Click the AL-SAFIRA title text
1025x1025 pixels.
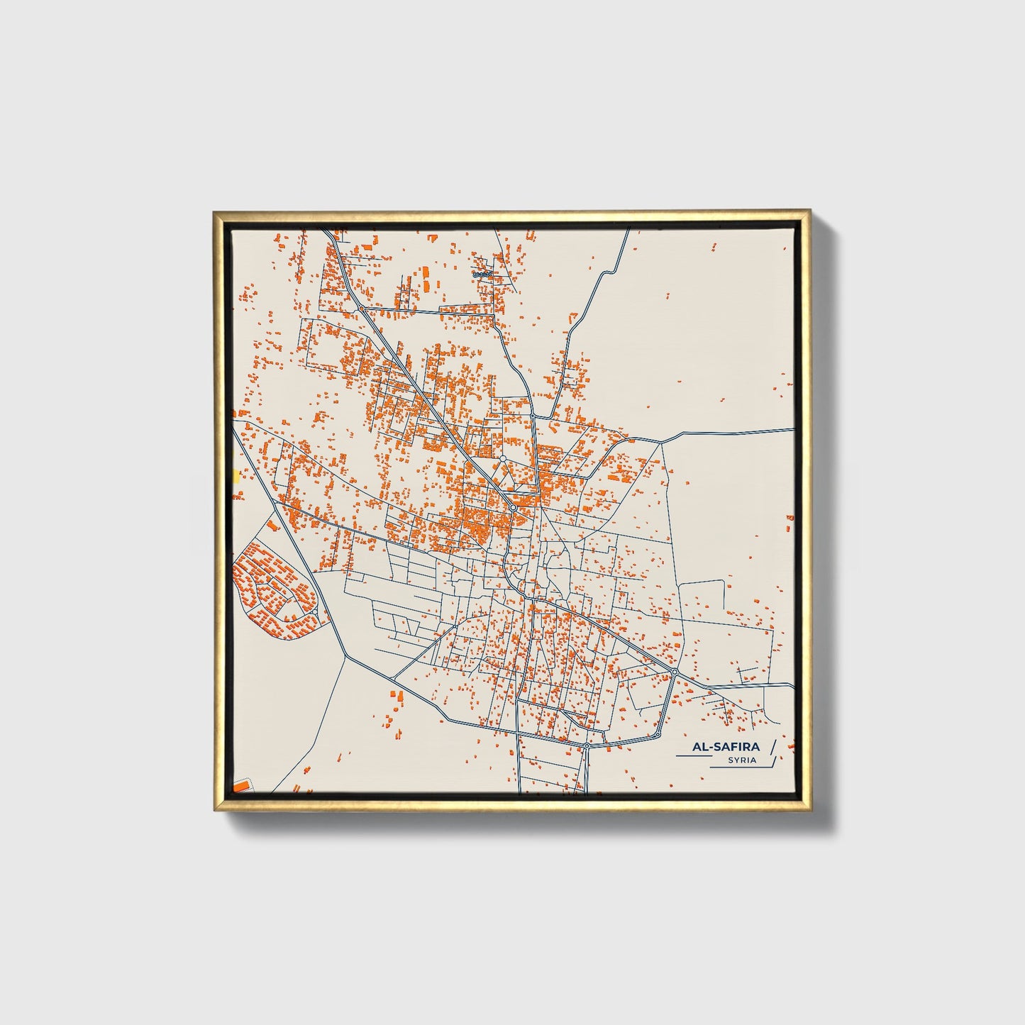point(726,746)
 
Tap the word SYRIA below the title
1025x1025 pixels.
point(742,760)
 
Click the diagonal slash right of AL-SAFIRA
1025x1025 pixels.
point(772,746)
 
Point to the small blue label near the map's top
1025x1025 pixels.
point(482,273)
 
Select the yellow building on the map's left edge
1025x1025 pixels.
point(236,475)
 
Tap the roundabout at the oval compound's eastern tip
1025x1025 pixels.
point(314,611)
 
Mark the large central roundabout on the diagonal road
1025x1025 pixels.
point(512,508)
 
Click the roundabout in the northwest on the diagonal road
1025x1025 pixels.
point(361,309)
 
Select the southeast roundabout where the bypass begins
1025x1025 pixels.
point(675,671)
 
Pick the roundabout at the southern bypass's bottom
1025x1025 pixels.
point(587,746)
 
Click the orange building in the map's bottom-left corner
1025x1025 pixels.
point(242,786)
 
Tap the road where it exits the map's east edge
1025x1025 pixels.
point(792,429)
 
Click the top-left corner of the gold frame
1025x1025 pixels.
point(215,211)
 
